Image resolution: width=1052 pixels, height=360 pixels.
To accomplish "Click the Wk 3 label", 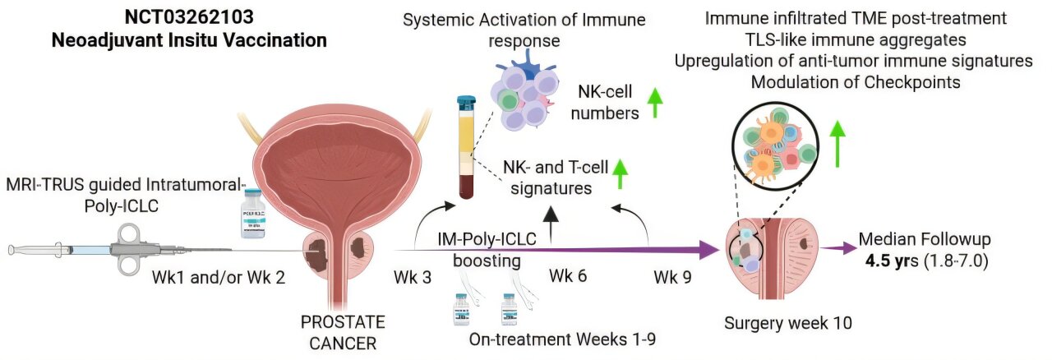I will [413, 277].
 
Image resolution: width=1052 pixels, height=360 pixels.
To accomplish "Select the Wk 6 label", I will [568, 276].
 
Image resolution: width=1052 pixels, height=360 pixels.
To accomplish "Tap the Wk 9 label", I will [673, 277].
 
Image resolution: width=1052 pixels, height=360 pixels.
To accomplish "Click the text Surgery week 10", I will [787, 323].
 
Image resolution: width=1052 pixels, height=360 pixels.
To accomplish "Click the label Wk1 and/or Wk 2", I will [219, 277].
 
